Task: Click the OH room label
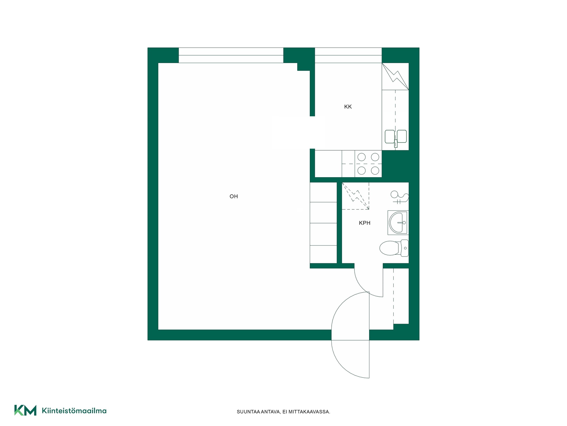click(x=234, y=196)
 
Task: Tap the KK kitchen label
click(x=348, y=107)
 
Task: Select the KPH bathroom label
click(x=365, y=223)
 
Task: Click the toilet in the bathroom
click(x=394, y=248)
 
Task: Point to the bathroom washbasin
click(x=398, y=223)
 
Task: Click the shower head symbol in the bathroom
click(x=399, y=197)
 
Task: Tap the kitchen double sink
click(x=396, y=137)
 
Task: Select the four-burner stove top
click(x=368, y=164)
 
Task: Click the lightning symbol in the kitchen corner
click(x=395, y=76)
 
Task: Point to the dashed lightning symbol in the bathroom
click(x=356, y=196)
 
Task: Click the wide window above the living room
click(x=231, y=55)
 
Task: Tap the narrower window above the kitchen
click(x=348, y=55)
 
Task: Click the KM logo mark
click(x=25, y=410)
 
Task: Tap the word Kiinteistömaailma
click(x=74, y=411)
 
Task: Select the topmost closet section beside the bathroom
click(x=323, y=192)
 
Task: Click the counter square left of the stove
click(x=328, y=164)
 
